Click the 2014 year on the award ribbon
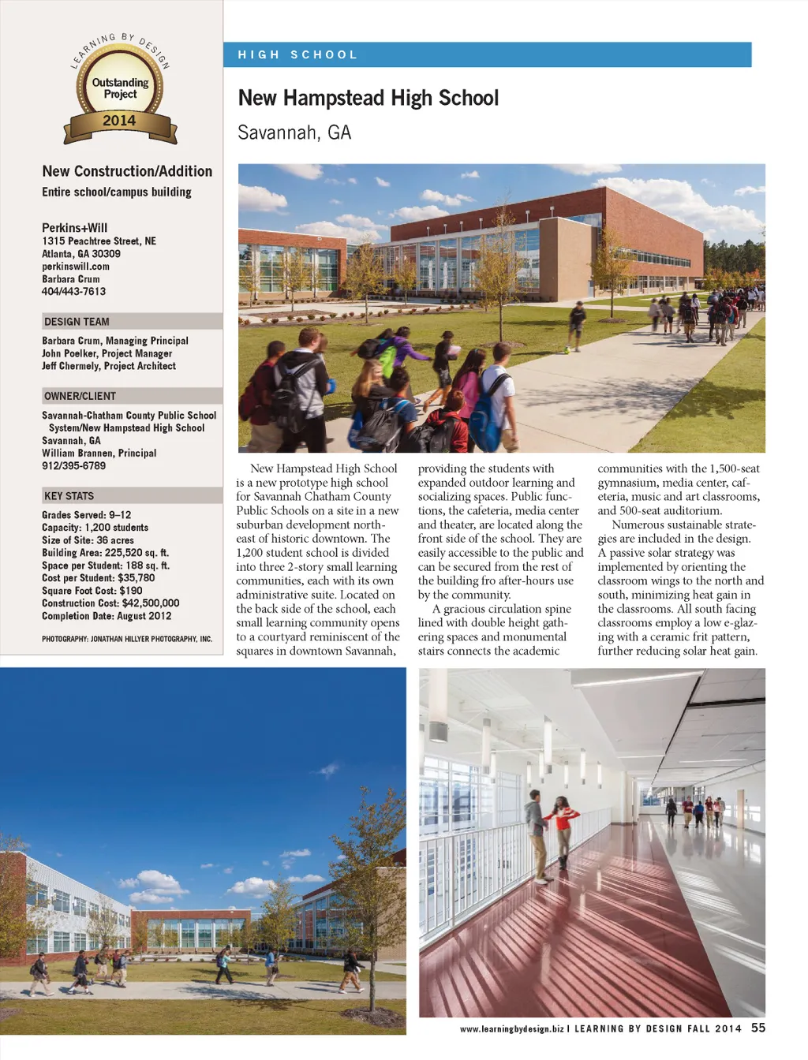119,121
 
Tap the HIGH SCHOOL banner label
297,54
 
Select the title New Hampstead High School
368,98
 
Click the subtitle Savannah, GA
294,132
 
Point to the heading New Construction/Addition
127,171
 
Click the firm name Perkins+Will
75,227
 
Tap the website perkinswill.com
76,267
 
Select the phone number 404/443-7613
73,292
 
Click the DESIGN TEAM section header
77,322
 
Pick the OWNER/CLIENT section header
80,396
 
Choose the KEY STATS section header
69,496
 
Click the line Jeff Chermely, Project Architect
109,366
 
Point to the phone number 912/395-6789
73,466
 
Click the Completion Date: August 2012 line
107,616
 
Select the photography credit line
127,639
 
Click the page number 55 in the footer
758,1028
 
